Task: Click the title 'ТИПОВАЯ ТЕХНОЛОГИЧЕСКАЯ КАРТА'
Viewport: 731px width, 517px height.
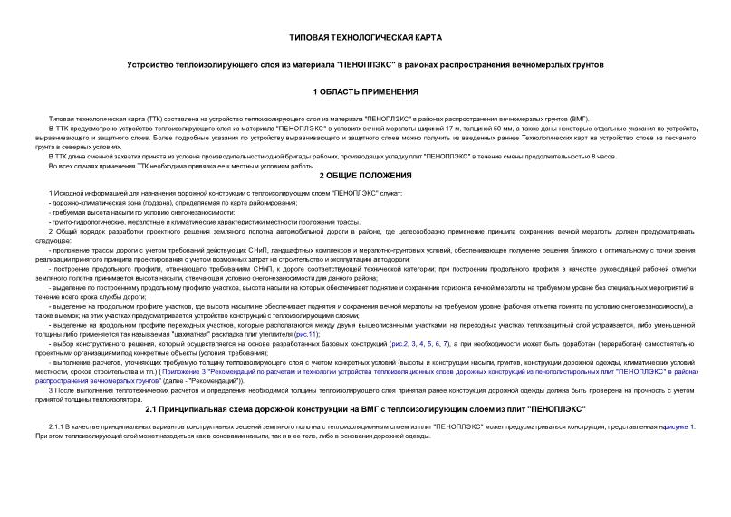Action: point(365,39)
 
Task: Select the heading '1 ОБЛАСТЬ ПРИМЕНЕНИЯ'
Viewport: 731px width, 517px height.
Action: point(365,92)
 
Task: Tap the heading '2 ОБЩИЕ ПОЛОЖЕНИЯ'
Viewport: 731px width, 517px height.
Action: point(365,175)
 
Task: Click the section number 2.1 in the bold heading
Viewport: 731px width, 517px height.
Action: point(152,410)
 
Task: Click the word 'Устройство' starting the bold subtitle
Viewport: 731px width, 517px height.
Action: point(149,66)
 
